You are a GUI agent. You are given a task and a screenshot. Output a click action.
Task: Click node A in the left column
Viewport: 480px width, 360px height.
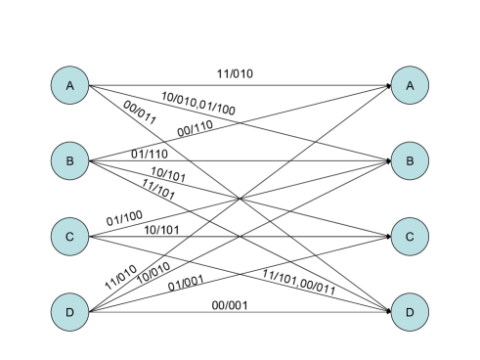69,86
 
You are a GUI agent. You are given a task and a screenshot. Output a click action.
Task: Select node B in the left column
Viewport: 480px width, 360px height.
69,161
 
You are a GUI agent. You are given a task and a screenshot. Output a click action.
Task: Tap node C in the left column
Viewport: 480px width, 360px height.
69,237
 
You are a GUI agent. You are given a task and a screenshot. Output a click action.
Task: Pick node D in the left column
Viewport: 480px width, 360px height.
69,313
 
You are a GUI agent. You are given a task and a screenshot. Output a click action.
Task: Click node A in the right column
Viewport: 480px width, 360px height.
410,86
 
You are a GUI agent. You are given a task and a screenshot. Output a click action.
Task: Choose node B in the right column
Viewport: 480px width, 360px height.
410,161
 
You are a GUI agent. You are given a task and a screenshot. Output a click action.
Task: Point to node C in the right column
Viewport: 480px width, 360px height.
410,237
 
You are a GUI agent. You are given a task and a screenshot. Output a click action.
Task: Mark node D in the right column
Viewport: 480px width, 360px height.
410,313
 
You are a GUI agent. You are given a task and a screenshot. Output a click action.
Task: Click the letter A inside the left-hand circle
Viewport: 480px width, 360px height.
69,86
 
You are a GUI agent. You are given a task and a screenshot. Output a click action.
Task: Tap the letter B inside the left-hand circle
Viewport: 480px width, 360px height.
69,161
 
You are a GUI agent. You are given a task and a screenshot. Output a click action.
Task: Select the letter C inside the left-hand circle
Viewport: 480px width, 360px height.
69,237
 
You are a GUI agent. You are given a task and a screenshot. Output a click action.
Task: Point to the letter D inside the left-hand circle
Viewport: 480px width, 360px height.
69,313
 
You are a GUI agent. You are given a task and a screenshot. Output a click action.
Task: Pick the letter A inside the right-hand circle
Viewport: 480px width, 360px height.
410,86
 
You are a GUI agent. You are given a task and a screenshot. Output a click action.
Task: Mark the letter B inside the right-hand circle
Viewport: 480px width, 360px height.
410,161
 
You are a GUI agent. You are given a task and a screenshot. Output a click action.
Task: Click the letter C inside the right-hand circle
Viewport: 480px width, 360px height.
410,237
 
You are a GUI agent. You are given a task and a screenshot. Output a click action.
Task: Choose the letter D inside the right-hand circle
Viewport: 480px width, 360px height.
410,313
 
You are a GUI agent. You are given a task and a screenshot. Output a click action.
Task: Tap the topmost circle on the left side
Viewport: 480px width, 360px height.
69,86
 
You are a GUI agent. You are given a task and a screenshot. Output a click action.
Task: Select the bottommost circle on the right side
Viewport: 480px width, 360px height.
410,313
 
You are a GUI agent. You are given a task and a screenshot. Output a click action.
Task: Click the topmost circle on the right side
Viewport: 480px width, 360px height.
410,86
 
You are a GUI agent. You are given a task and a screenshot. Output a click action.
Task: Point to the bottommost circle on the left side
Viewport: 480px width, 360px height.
69,313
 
